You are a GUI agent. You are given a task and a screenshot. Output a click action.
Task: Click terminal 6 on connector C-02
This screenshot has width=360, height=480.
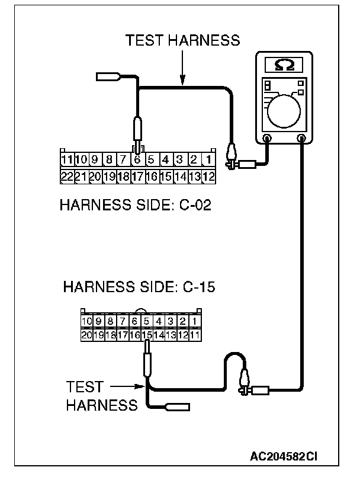pyautogui.click(x=137, y=159)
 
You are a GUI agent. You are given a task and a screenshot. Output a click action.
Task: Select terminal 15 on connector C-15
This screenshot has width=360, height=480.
pyautogui.click(x=146, y=335)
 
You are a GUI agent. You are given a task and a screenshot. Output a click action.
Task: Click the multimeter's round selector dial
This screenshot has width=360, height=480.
pyautogui.click(x=282, y=112)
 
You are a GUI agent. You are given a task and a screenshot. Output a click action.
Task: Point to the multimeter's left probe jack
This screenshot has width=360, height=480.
pyautogui.click(x=267, y=138)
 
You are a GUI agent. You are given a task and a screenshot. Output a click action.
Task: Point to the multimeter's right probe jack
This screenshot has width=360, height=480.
pyautogui.click(x=303, y=138)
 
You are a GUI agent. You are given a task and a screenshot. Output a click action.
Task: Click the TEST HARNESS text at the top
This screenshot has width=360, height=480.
pyautogui.click(x=182, y=40)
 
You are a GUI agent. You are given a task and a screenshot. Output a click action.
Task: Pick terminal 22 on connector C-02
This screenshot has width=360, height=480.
pyautogui.click(x=67, y=176)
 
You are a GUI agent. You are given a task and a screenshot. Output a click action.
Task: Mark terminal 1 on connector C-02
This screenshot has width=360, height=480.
pyautogui.click(x=208, y=159)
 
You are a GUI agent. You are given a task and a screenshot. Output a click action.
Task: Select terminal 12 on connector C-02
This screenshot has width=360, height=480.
pyautogui.click(x=208, y=176)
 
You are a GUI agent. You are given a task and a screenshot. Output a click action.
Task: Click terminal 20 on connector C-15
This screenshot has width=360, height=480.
pyautogui.click(x=86, y=335)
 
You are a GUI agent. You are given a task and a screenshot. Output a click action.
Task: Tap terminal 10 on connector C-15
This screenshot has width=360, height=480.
pyautogui.click(x=86, y=322)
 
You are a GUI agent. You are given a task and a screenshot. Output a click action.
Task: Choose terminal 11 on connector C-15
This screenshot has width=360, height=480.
pyautogui.click(x=195, y=335)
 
